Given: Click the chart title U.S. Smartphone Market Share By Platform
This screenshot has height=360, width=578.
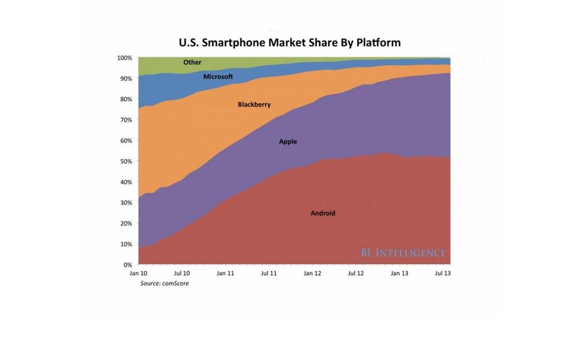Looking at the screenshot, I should point(289,43).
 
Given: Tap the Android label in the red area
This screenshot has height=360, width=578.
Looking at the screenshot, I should point(323,213).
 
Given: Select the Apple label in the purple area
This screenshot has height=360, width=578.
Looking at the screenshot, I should point(288,142).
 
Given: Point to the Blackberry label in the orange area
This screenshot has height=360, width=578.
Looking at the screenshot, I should point(254,105).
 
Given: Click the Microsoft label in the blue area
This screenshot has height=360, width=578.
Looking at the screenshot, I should point(218,76).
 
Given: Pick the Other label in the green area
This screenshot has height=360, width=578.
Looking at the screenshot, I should point(192,63).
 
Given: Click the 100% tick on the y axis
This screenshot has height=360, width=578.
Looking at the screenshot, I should point(124,58).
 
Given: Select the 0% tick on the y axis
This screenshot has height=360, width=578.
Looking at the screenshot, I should point(127,265).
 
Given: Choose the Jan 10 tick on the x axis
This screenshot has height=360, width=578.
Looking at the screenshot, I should point(138,273).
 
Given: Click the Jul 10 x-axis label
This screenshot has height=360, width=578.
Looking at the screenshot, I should point(182,273).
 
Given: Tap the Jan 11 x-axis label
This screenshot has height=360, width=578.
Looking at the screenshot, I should point(225,273).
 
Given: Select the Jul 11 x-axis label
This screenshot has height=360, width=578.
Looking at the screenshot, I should point(269,273).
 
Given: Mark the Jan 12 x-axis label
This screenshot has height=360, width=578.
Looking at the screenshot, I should point(312,273).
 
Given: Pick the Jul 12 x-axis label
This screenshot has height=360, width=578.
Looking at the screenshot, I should point(356,273).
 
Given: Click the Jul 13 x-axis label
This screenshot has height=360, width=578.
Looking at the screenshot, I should point(443,273).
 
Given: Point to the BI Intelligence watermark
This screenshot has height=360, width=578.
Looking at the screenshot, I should point(403,253).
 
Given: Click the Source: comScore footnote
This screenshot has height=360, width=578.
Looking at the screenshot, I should point(164,284).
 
